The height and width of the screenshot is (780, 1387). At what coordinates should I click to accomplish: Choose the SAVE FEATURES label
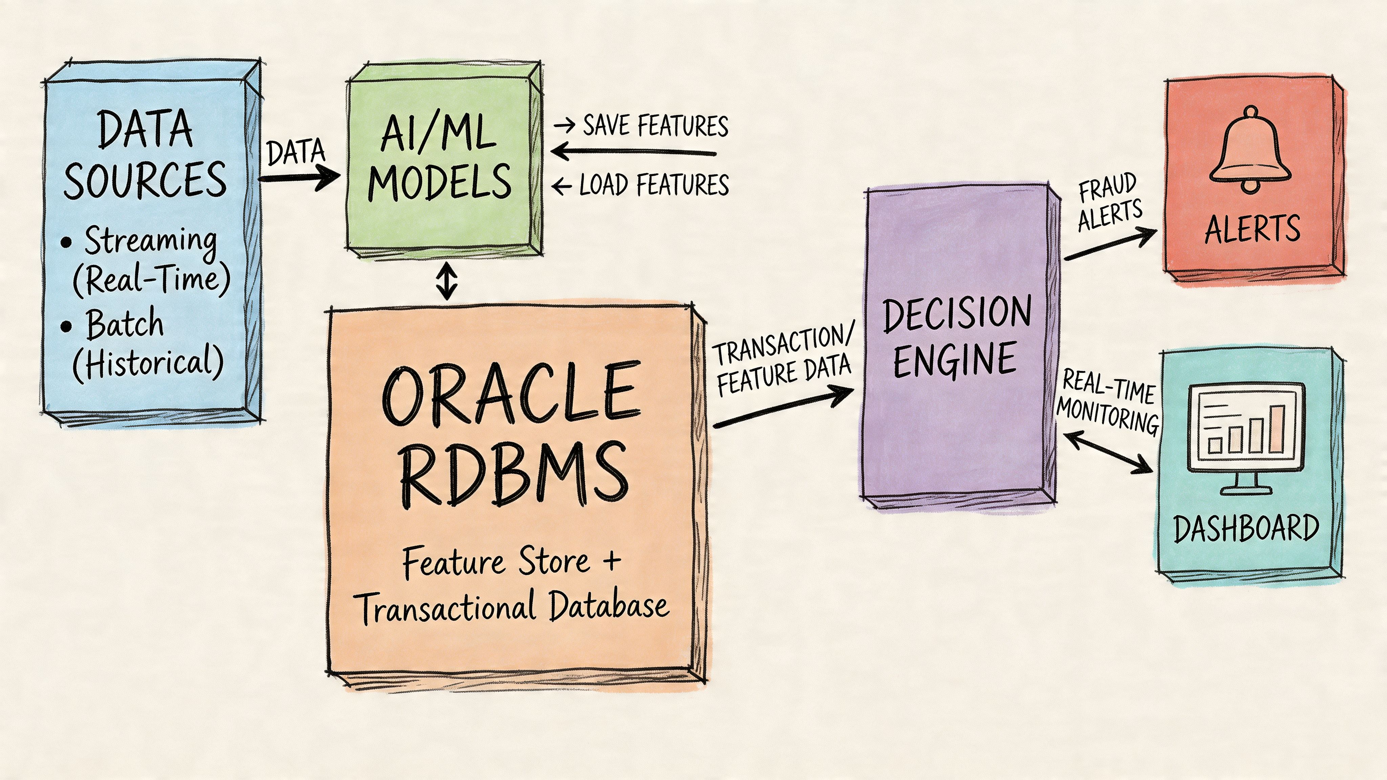tap(655, 126)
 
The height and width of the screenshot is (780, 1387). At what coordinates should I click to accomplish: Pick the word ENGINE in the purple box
tap(954, 360)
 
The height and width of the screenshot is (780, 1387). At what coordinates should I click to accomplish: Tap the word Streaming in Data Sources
tap(150, 241)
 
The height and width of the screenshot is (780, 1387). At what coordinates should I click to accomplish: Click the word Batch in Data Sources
tap(125, 324)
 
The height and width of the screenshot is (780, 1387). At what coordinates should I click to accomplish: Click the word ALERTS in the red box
tap(1252, 229)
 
